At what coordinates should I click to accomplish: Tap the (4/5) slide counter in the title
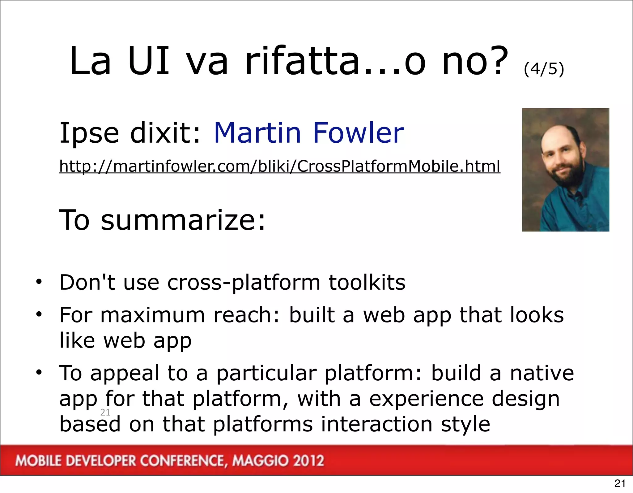pos(544,69)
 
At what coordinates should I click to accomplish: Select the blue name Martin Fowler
pos(308,133)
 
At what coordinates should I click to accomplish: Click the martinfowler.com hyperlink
pos(279,166)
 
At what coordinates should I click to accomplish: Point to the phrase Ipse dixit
pos(130,133)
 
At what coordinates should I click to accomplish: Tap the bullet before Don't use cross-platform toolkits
pos(39,282)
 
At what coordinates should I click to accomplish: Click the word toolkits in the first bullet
pos(367,282)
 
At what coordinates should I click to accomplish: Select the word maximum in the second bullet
pos(153,315)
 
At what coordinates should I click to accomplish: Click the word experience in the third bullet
pos(426,399)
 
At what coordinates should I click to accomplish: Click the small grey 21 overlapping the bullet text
pos(105,412)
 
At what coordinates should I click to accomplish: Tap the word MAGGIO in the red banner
pos(260,461)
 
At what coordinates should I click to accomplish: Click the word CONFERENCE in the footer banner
pos(182,461)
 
